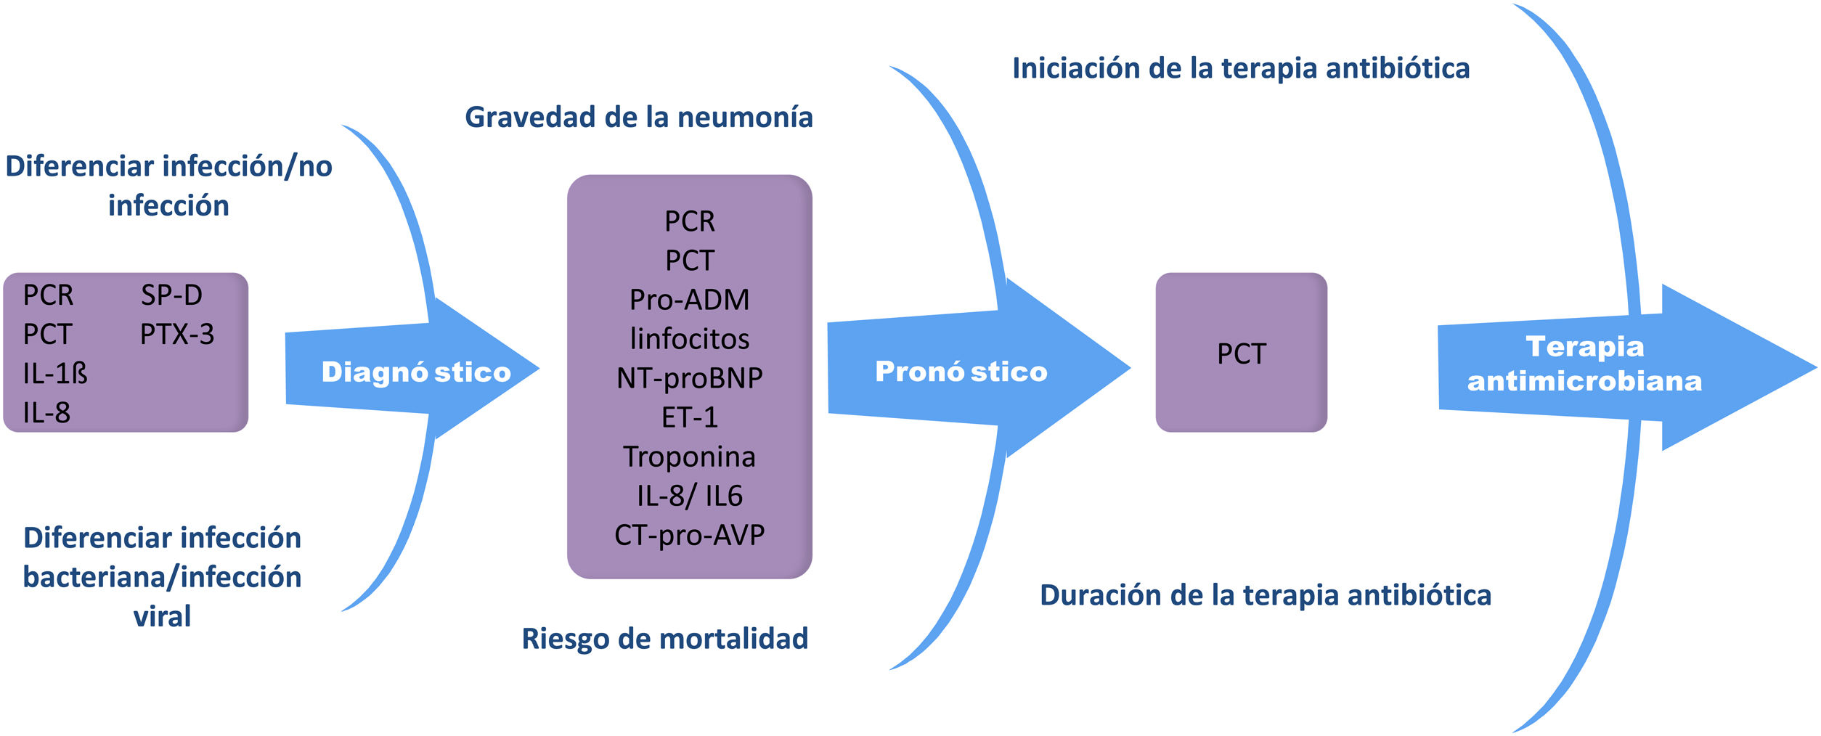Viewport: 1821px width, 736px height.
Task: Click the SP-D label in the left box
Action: [x=171, y=295]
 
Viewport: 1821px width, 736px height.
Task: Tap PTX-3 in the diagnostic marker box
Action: [x=177, y=334]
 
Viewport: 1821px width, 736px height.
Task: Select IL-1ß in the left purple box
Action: [x=55, y=373]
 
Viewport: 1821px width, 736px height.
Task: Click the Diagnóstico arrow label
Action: [x=416, y=372]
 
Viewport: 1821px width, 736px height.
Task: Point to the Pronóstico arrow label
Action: [x=961, y=371]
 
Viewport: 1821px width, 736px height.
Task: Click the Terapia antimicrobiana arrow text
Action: [x=1584, y=364]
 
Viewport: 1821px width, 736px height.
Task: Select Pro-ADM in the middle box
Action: [x=689, y=299]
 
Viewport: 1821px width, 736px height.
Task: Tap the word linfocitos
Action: [x=689, y=338]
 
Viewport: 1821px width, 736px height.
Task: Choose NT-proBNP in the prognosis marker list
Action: [x=689, y=377]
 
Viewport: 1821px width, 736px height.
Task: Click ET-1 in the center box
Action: [x=689, y=417]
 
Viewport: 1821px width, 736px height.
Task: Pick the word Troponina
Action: [x=689, y=457]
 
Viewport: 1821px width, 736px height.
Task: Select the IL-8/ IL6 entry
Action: [x=689, y=496]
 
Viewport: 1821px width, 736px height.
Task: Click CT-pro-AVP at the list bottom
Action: [x=689, y=535]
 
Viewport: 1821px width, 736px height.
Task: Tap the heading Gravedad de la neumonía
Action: [x=638, y=117]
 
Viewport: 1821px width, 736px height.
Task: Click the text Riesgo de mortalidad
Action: [x=664, y=639]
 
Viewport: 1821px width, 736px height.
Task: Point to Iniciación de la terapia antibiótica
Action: [x=1241, y=68]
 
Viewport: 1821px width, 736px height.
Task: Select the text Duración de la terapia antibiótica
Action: [x=1266, y=595]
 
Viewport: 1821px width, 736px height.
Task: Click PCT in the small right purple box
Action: [x=1241, y=353]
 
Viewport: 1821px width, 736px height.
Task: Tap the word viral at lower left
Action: [x=162, y=616]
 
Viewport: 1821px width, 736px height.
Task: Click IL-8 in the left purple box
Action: [x=46, y=412]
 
